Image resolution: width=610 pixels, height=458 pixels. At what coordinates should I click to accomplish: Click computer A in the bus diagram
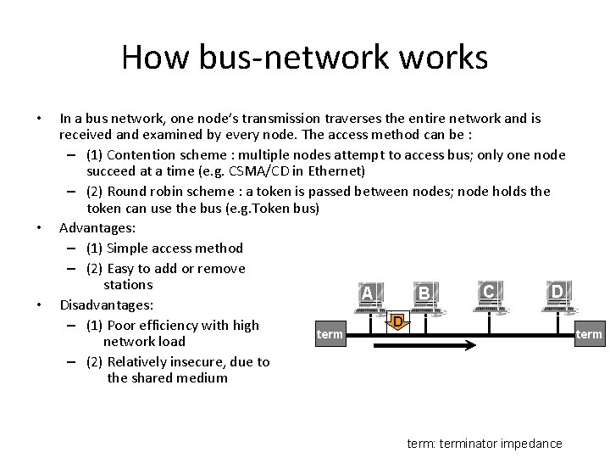(x=367, y=297)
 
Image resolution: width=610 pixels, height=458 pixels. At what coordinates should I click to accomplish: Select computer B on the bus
(x=424, y=297)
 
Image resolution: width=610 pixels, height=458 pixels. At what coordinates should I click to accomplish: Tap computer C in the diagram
(x=489, y=295)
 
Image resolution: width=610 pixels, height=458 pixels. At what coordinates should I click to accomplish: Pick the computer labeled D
(x=557, y=295)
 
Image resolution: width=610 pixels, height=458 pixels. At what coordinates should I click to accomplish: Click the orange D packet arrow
(x=396, y=323)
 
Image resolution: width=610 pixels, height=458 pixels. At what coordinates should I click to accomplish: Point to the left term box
(x=330, y=334)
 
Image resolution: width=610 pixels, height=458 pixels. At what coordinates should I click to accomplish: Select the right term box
(x=589, y=334)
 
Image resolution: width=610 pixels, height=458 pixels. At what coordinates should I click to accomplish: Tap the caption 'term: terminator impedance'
(x=485, y=444)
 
